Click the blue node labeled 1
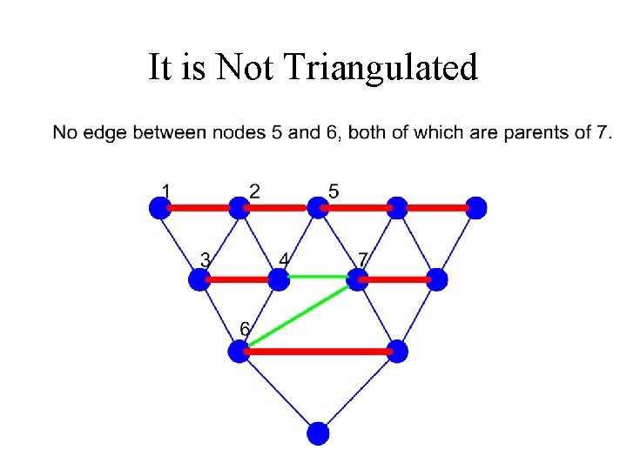(159, 208)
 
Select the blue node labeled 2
(239, 208)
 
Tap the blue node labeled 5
(318, 208)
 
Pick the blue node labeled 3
(199, 279)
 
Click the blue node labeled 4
(279, 279)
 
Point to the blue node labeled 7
(357, 279)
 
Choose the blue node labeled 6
(239, 352)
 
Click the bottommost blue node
(318, 433)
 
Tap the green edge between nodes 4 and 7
(318, 277)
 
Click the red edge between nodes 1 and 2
(199, 208)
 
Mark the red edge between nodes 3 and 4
(239, 279)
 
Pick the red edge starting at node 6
(318, 352)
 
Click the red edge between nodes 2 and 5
(279, 208)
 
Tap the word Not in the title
(248, 67)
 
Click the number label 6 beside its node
(245, 328)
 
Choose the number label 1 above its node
(165, 188)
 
